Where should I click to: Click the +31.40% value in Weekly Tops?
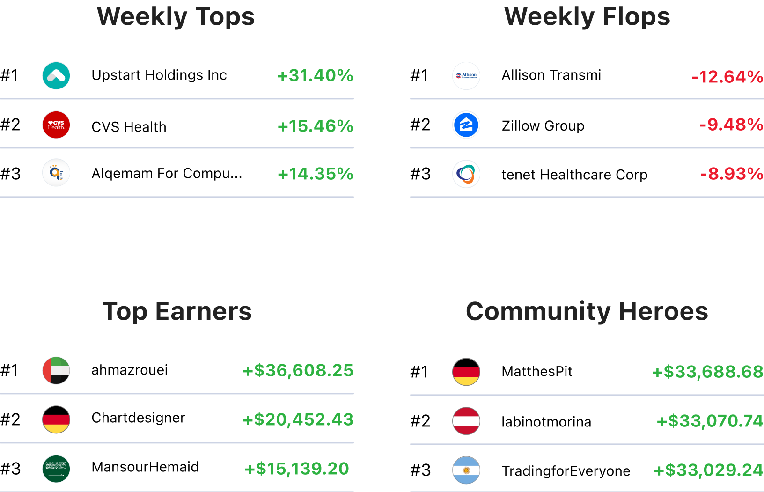[315, 76]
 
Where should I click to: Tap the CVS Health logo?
[56, 125]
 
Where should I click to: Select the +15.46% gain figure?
[315, 126]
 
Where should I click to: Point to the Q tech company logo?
[56, 173]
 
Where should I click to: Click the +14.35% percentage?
[315, 174]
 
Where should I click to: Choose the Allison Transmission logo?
[466, 76]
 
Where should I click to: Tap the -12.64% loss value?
[727, 77]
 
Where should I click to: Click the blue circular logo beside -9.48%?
[466, 125]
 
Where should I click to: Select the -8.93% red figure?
[731, 174]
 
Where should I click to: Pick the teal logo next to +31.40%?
[56, 76]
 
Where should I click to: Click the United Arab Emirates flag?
[56, 371]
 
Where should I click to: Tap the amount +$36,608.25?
[298, 371]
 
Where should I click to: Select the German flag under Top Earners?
[56, 419]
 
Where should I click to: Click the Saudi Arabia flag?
[56, 469]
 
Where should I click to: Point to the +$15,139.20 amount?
[297, 469]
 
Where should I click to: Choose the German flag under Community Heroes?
[466, 372]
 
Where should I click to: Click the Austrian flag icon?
[466, 421]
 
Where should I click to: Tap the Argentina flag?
[466, 470]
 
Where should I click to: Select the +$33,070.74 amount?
[710, 421]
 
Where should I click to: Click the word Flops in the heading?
[636, 17]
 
